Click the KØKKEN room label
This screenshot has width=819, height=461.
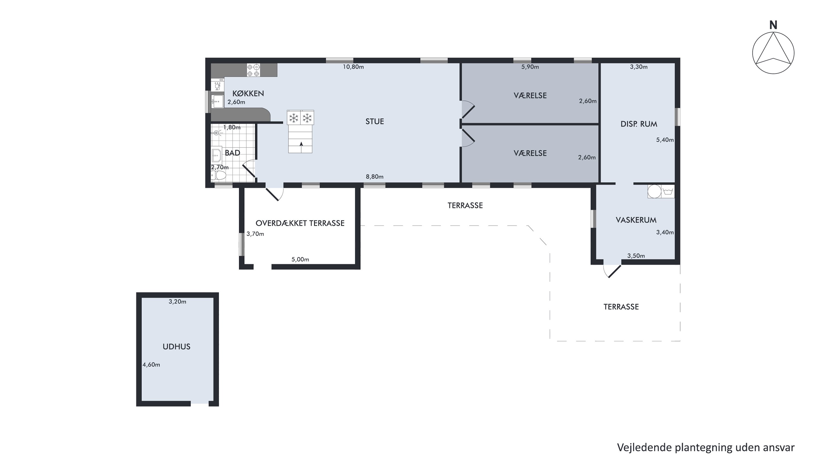coord(248,93)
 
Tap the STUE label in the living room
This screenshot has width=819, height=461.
coord(375,122)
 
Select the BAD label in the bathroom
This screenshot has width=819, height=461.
coord(232,153)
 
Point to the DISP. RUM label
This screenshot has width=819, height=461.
coord(639,124)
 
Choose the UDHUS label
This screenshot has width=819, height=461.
coord(176,347)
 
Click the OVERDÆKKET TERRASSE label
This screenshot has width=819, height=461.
coord(300,223)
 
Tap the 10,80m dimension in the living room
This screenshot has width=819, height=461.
coord(353,67)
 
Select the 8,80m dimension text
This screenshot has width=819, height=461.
coord(375,177)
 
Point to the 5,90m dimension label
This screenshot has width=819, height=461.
coord(530,67)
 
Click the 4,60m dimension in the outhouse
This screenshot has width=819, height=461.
coord(151,365)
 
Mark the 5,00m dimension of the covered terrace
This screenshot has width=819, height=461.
coord(300,259)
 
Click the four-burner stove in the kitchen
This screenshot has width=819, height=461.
coord(254,70)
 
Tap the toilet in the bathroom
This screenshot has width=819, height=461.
coord(218,175)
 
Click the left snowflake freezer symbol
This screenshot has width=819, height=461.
coord(293,118)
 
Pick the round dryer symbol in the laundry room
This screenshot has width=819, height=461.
coord(655,192)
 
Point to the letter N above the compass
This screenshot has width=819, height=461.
coord(773,25)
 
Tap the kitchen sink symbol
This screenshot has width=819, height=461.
coord(218,101)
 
